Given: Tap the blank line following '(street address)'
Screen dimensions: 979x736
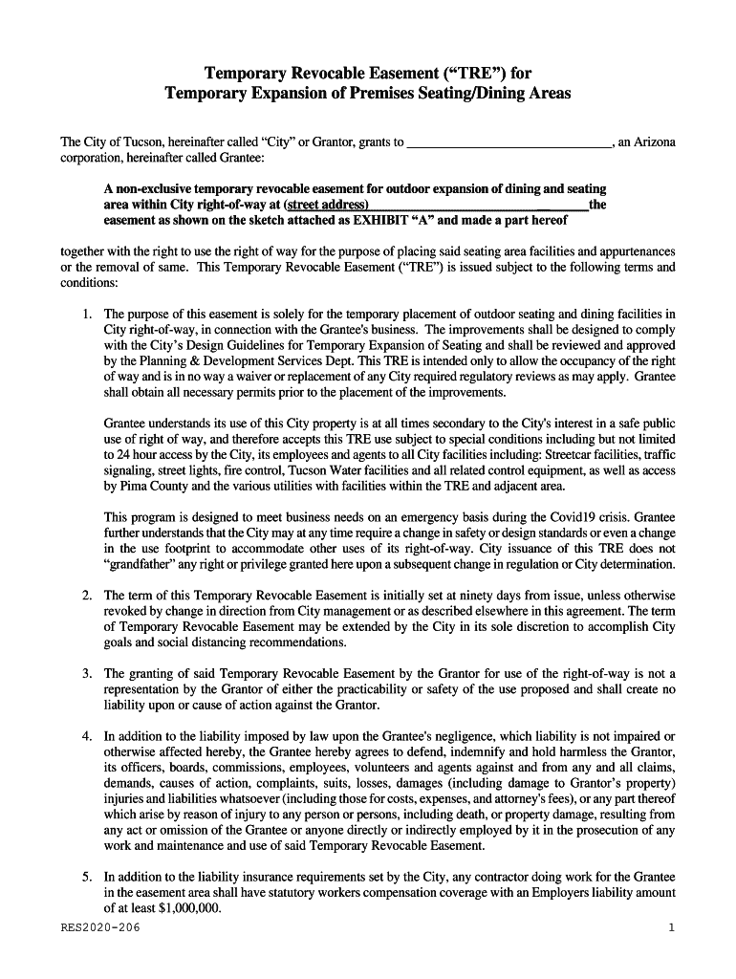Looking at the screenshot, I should point(478,207).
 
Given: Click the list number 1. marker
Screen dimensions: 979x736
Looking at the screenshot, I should point(87,314).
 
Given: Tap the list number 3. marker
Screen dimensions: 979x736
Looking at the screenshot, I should point(87,673).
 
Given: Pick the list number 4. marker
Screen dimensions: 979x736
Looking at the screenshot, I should point(87,736).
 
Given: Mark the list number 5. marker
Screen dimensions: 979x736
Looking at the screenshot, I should point(87,877).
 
